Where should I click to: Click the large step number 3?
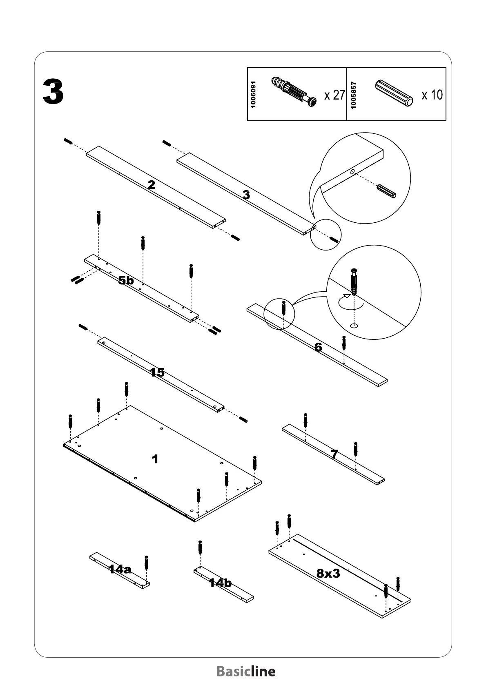(x=54, y=92)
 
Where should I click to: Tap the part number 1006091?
(x=254, y=94)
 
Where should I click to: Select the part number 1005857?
(x=354, y=95)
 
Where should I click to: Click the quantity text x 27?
(x=334, y=95)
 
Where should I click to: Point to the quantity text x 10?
(x=432, y=95)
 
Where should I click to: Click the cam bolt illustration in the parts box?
(x=293, y=93)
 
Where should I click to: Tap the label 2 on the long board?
(x=152, y=185)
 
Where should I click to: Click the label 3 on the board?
(x=246, y=195)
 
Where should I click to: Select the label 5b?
(x=126, y=280)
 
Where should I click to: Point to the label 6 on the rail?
(x=318, y=347)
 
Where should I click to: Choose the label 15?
(x=157, y=372)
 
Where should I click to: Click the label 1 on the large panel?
(x=155, y=459)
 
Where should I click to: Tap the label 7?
(x=334, y=454)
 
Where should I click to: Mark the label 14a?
(x=120, y=569)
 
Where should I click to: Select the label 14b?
(x=220, y=583)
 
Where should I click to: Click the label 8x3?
(x=328, y=573)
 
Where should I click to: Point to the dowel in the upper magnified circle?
(x=386, y=191)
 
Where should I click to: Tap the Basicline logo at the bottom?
(x=246, y=671)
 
